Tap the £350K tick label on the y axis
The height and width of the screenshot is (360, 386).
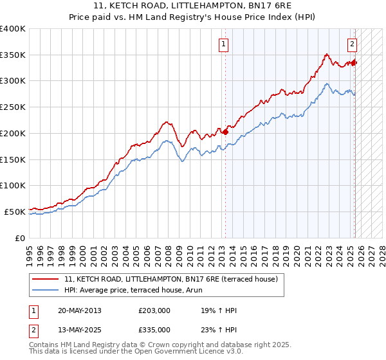tap(12, 55)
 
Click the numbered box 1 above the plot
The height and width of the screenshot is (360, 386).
tap(223, 44)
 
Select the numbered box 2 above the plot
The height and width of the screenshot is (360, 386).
tap(353, 44)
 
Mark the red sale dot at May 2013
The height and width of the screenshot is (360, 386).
tap(225, 132)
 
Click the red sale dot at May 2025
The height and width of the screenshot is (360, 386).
tap(354, 62)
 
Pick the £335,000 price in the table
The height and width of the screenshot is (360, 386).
tap(154, 330)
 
